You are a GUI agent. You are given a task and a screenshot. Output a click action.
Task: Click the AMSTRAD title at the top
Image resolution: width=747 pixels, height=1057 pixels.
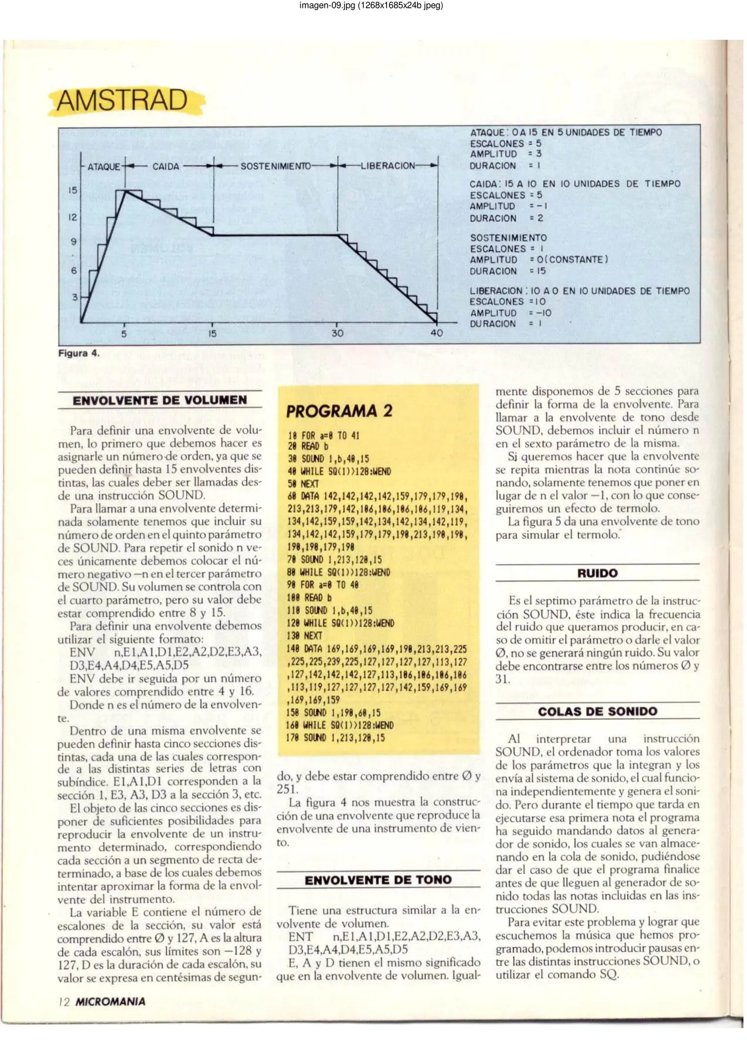click(x=122, y=100)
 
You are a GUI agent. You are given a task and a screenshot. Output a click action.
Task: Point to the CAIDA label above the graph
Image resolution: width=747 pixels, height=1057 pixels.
click(x=166, y=166)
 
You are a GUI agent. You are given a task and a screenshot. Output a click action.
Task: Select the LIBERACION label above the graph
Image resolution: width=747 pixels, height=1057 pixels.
click(x=387, y=166)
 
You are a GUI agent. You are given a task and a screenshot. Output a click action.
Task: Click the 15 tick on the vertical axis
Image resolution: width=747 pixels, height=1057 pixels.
click(x=72, y=190)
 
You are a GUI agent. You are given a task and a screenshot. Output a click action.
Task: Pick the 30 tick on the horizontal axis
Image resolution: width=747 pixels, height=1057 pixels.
click(x=338, y=333)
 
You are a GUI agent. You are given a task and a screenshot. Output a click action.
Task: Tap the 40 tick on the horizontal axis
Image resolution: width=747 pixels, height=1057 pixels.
click(x=436, y=333)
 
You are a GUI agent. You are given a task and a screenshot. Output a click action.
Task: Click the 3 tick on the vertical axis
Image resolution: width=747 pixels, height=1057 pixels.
click(x=75, y=297)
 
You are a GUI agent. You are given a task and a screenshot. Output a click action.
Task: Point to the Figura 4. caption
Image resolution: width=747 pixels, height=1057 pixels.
click(x=79, y=353)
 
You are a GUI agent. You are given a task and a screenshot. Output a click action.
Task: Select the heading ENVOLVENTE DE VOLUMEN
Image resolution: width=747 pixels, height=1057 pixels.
click(x=160, y=400)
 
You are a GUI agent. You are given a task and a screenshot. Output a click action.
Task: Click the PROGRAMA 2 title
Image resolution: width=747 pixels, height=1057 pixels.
click(x=339, y=411)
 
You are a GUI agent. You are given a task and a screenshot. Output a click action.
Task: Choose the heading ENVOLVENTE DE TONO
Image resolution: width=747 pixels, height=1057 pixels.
click(x=378, y=880)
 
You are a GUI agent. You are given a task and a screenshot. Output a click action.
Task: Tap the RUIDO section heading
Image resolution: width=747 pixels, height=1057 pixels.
click(x=597, y=573)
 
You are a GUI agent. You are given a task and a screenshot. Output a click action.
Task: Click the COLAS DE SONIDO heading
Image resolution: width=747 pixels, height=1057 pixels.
click(x=597, y=711)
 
